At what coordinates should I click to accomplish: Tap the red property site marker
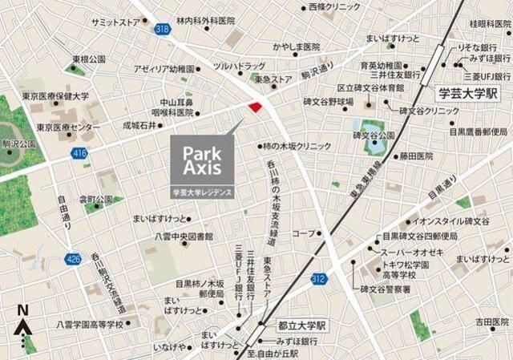coord(255,107)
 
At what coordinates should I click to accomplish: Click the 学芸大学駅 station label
coord(468,93)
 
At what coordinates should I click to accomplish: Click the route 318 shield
coord(164,30)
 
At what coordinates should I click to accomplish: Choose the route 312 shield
coord(318,278)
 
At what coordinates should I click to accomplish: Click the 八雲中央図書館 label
coord(184,237)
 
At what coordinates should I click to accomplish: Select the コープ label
coord(303,233)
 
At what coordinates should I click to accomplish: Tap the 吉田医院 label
coord(491,321)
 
